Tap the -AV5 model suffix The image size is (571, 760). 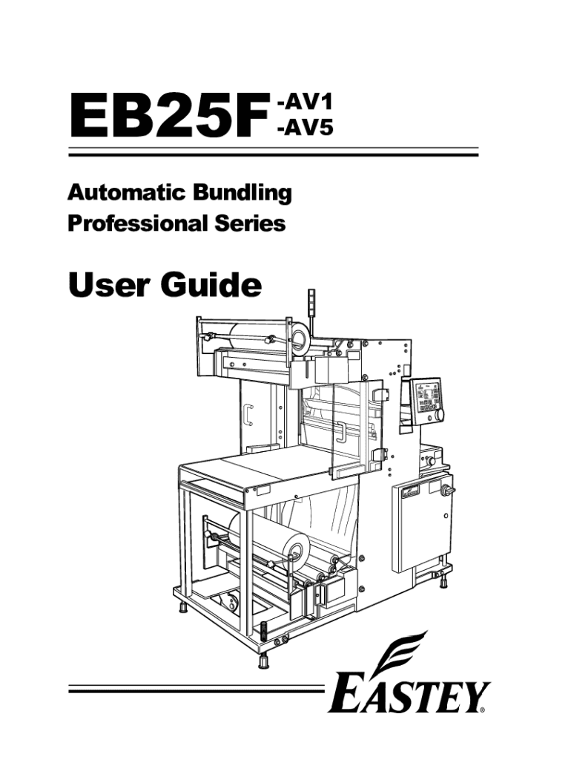(303, 129)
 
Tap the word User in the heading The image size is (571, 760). (103, 284)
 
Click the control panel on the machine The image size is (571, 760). (426, 401)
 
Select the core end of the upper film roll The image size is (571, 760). (300, 340)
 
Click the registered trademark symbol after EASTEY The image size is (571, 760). (483, 710)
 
